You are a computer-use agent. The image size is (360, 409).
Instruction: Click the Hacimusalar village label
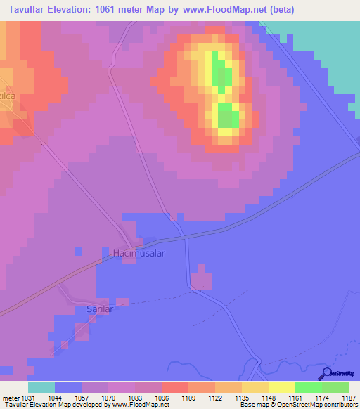tap(139, 253)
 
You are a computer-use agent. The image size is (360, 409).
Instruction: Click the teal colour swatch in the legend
tap(41, 387)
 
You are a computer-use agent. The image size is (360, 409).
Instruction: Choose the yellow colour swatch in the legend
tap(281, 387)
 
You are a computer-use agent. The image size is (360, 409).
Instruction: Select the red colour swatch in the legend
tap(174, 387)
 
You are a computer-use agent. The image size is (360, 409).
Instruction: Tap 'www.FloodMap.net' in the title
tap(220, 10)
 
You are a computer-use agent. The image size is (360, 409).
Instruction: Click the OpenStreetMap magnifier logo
tap(326, 373)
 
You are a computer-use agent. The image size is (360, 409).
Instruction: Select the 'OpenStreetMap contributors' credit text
tap(321, 405)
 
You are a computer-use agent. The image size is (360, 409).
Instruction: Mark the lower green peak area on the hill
tap(227, 115)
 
